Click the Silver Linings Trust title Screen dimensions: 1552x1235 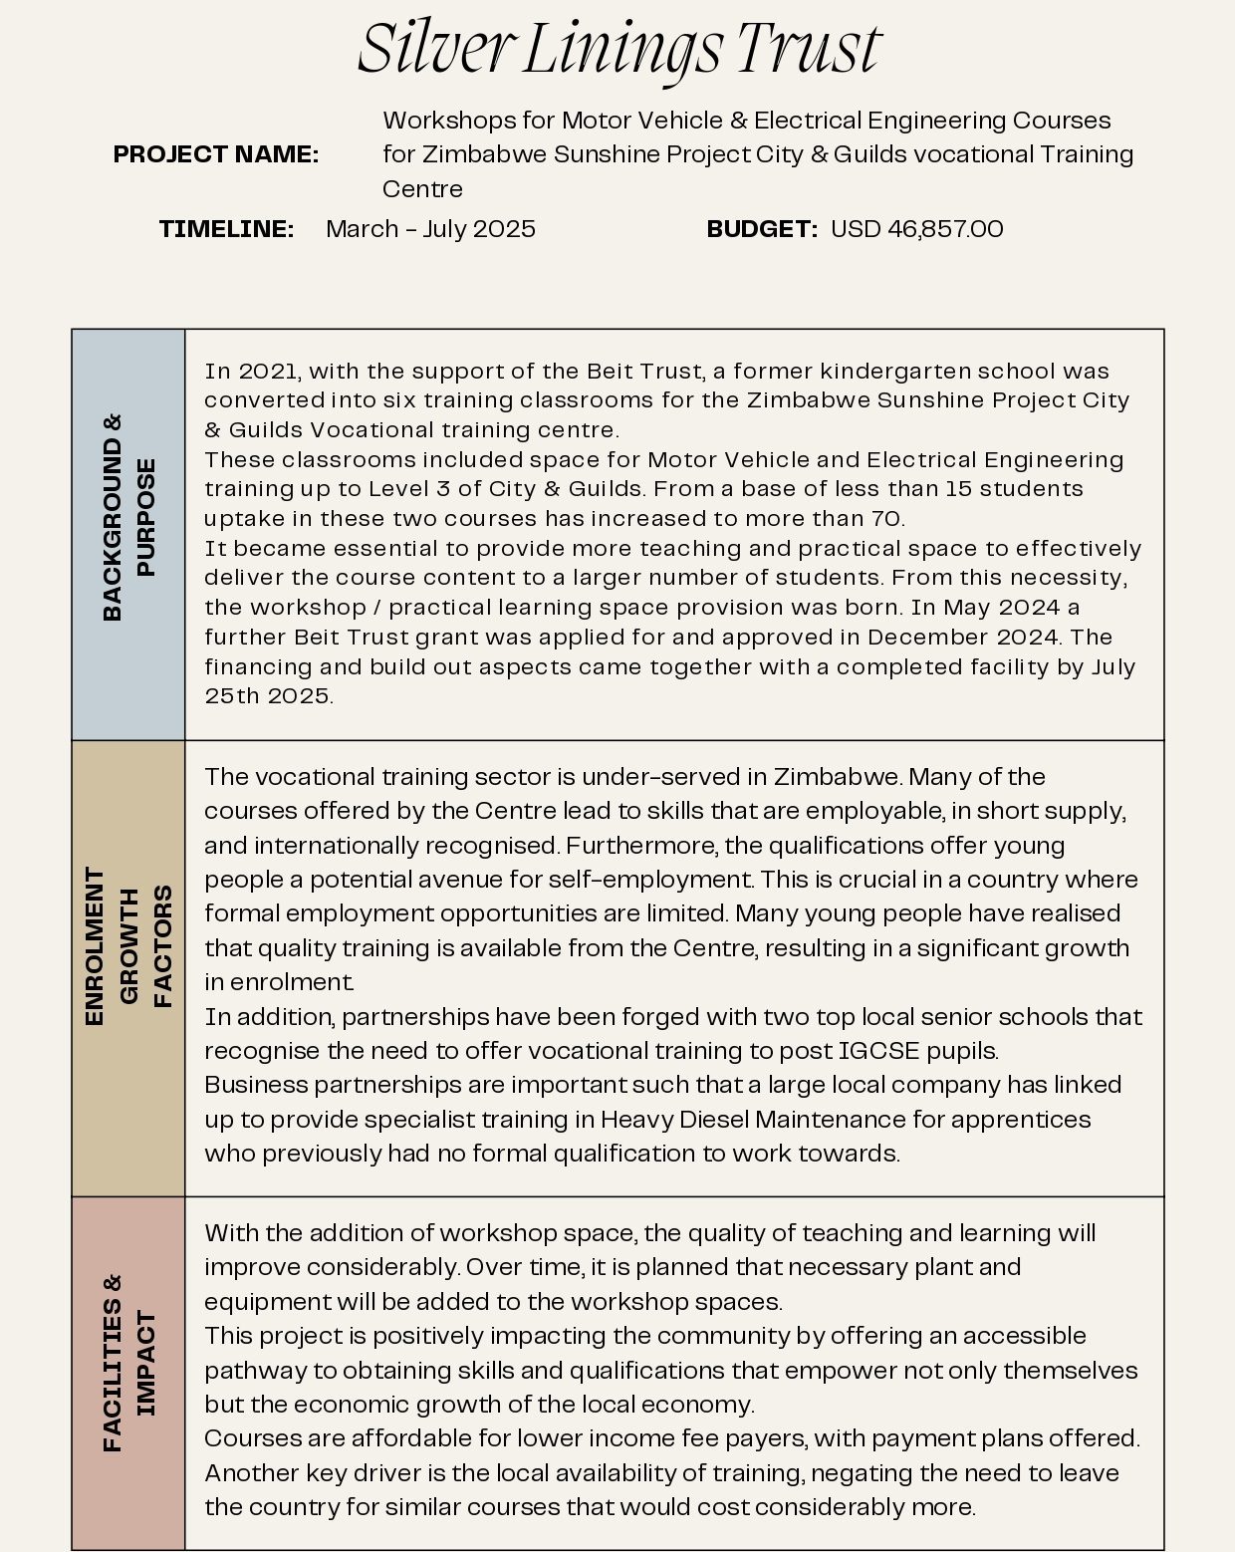click(618, 48)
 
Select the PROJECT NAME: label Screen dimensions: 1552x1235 click(216, 154)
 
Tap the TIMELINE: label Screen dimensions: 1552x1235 click(226, 229)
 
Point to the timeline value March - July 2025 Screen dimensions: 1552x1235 click(430, 229)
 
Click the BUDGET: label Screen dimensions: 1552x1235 click(762, 229)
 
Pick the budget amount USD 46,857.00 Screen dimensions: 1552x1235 click(916, 229)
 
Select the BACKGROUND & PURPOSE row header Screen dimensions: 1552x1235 click(128, 518)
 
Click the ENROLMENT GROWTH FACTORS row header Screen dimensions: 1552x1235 click(128, 946)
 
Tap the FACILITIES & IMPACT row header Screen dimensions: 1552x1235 click(128, 1362)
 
